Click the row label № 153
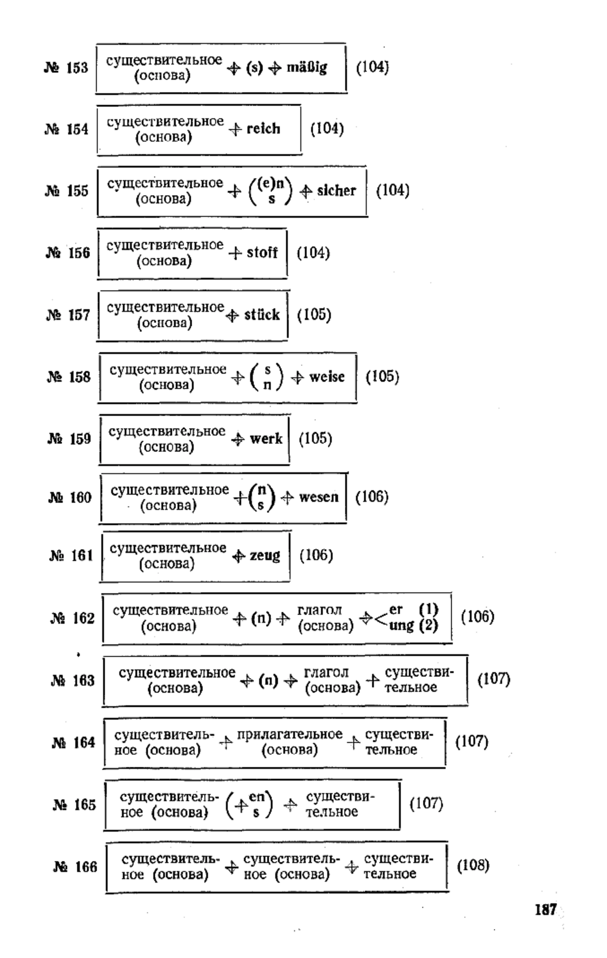pyautogui.click(x=66, y=68)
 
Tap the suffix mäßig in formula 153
pyautogui.click(x=307, y=68)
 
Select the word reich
pyautogui.click(x=264, y=129)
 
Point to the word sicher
pyautogui.click(x=336, y=191)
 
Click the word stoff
pyautogui.click(x=262, y=252)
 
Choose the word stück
pyautogui.click(x=262, y=315)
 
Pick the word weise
pyautogui.click(x=327, y=377)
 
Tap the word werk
pyautogui.click(x=266, y=439)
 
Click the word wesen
pyautogui.click(x=319, y=497)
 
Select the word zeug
pyautogui.click(x=265, y=556)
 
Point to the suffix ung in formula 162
pyautogui.click(x=402, y=626)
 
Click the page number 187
pyautogui.click(x=545, y=910)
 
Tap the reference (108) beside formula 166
pyautogui.click(x=473, y=866)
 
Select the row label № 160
pyautogui.click(x=70, y=497)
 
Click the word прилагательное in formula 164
pyautogui.click(x=290, y=735)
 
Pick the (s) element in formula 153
pyautogui.click(x=254, y=68)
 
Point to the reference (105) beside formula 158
pyautogui.click(x=382, y=377)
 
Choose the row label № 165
pyautogui.click(x=74, y=805)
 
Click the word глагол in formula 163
pyautogui.click(x=326, y=672)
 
